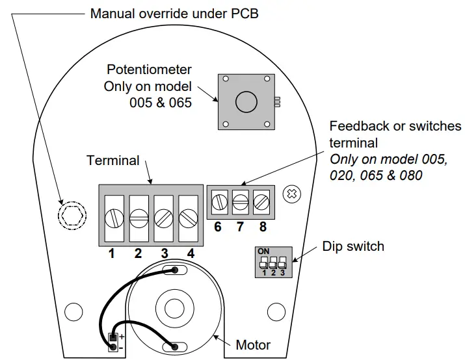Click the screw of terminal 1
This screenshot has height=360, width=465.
point(114,216)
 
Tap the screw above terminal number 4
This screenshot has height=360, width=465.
point(189,216)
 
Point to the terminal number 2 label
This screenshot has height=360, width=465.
point(139,253)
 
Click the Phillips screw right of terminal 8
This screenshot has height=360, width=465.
point(292,194)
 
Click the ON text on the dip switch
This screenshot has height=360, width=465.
point(263,251)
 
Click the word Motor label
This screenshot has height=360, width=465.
point(253,344)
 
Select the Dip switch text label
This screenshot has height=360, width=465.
point(353,246)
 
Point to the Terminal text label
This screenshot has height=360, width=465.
point(113,161)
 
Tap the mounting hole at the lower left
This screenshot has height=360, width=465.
point(73,310)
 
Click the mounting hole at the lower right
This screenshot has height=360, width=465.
point(274,311)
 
